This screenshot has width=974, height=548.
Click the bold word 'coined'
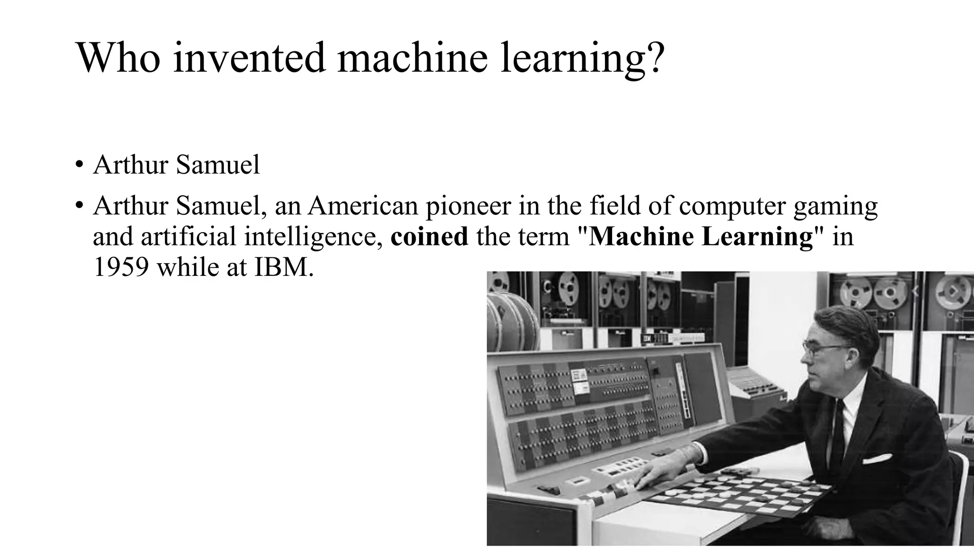pos(429,236)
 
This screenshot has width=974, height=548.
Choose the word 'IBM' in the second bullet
pos(284,267)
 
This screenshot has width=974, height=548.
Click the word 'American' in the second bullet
pos(361,206)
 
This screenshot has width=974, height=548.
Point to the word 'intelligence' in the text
pos(313,236)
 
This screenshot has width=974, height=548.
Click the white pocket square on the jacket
pos(877,459)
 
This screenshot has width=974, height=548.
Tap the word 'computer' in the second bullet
pos(732,206)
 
